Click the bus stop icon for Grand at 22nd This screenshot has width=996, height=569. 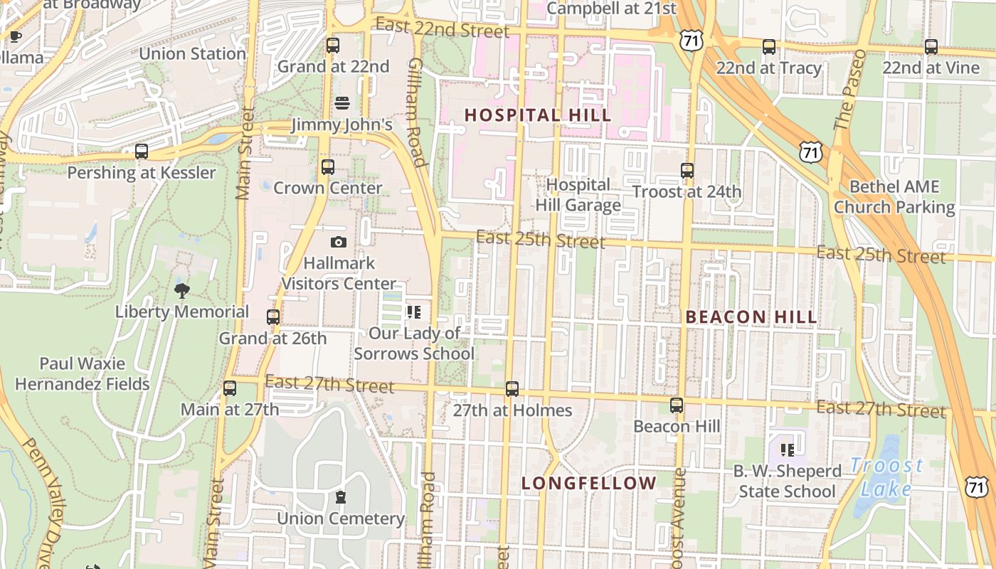[x=332, y=46]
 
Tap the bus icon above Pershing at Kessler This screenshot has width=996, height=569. [x=142, y=151]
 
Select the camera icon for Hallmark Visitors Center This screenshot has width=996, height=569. [x=339, y=242]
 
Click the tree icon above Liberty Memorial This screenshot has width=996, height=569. [x=182, y=290]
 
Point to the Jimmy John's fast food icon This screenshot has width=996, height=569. [x=341, y=103]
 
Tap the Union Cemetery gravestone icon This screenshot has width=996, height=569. [x=340, y=496]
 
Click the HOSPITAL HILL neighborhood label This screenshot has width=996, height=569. [x=537, y=115]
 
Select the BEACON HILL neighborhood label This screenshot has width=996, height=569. [x=751, y=317]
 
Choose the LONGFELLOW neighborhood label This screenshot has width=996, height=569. [x=588, y=484]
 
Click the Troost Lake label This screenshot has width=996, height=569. [x=886, y=477]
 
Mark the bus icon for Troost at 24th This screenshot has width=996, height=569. [x=687, y=171]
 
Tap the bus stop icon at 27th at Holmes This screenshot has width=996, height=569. [x=512, y=389]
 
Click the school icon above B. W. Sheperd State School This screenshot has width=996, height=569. [x=787, y=450]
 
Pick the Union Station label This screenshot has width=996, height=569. [x=192, y=54]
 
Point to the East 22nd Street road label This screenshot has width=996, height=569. [x=442, y=28]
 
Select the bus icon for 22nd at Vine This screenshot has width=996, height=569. [x=931, y=47]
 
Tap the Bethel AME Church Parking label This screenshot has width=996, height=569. [x=894, y=197]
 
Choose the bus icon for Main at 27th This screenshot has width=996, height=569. [x=229, y=388]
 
